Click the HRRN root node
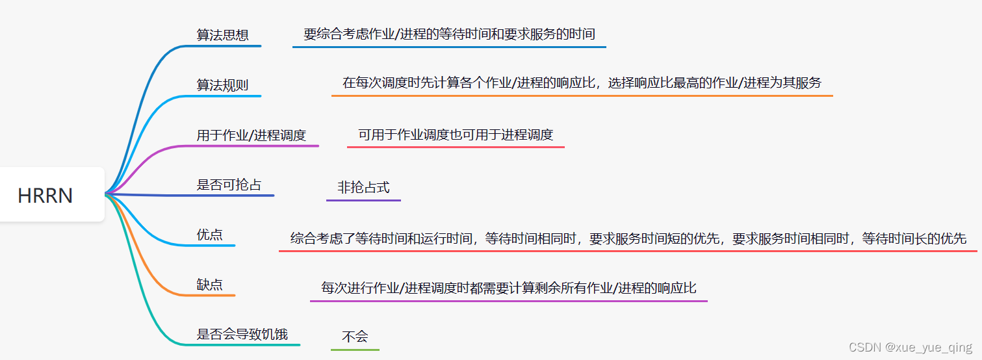45,195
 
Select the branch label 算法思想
222,35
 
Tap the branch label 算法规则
222,85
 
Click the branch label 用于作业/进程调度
251,135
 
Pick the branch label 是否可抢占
229,185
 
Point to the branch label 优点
209,235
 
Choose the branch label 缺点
209,285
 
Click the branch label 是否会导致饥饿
242,335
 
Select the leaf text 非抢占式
363,188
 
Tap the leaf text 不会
355,337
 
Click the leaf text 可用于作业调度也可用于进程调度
456,135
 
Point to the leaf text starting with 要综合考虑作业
449,34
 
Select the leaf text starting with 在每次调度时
582,83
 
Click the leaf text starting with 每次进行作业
508,288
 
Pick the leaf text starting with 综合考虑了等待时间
628,238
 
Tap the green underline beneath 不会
355,350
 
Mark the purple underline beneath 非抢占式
363,199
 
